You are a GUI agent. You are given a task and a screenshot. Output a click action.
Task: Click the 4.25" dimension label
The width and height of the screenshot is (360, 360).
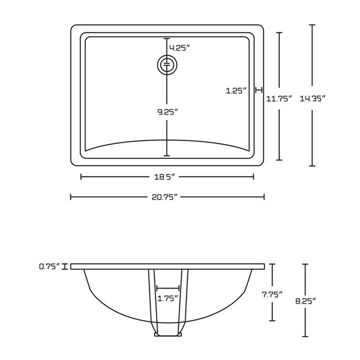coord(179,48)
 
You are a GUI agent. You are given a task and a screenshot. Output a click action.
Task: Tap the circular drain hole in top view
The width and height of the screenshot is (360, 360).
coord(167,64)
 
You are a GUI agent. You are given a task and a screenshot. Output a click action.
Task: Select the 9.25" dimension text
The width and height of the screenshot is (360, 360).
coord(167,112)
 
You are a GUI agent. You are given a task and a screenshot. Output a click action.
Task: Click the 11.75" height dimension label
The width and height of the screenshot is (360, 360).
coord(279,99)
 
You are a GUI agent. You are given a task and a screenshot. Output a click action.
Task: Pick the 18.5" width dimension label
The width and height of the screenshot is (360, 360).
coord(167,177)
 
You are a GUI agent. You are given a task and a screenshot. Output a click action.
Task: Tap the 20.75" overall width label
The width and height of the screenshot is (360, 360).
coord(167,197)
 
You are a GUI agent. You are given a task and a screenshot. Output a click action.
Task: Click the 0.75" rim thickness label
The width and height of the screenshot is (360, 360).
coord(50,266)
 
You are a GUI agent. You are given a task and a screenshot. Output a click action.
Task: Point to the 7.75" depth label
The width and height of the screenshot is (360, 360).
coord(272,294)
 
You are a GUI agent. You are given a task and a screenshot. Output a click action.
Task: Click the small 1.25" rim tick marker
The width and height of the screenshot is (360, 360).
coord(259,90)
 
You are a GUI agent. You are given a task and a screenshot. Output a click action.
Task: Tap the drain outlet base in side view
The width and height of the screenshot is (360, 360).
coord(167,334)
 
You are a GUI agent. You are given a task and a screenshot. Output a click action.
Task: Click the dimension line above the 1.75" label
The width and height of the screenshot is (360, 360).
coord(167,288)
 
